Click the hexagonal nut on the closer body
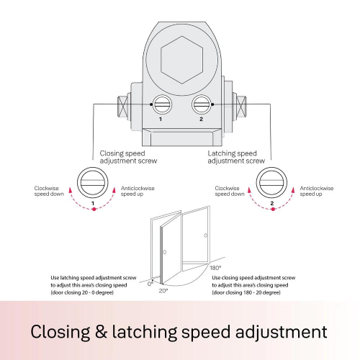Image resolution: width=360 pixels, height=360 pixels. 182,60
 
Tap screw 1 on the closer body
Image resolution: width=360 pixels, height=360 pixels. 162,104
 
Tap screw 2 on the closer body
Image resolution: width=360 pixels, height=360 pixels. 202,104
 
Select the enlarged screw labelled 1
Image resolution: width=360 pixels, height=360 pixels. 93,182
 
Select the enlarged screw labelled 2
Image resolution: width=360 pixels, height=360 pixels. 271,182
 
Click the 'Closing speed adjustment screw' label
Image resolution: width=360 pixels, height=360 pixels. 128,157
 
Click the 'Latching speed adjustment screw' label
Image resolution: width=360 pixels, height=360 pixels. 236,157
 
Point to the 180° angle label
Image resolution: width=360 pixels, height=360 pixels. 215,268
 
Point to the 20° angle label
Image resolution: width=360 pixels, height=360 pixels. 163,291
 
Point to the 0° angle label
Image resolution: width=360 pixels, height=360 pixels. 150,284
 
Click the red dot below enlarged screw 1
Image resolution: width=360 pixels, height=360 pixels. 94,210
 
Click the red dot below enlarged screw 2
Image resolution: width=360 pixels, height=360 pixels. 273,210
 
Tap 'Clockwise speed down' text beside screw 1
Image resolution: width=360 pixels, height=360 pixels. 49,191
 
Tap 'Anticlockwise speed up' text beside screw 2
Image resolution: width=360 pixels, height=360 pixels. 317,191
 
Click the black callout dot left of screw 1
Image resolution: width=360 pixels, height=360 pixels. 151,104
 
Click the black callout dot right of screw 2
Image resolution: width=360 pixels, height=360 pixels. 213,104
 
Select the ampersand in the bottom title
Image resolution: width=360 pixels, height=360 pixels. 101,331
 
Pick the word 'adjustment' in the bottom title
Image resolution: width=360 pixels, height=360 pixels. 281,333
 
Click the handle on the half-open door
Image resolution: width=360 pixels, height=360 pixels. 165,252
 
